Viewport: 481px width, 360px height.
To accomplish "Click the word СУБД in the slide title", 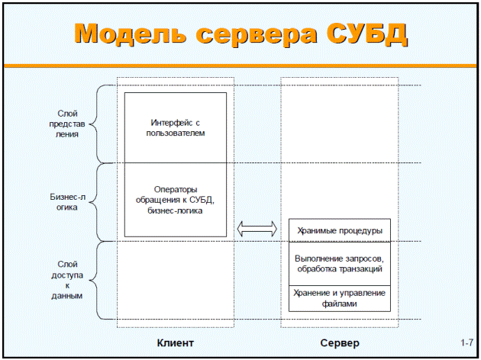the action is (367, 34).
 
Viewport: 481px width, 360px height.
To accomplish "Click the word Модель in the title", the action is (130, 34).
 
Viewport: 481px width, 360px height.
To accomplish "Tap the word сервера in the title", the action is (257, 36).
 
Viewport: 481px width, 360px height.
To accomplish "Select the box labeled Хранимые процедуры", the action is (340, 230).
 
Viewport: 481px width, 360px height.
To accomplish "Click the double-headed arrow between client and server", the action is (257, 229).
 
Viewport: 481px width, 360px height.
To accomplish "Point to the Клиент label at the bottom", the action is (175, 343).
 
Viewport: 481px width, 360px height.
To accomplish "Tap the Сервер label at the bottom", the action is (340, 343).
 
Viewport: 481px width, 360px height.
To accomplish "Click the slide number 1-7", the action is (466, 342).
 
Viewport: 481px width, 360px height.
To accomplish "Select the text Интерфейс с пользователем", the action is (176, 128).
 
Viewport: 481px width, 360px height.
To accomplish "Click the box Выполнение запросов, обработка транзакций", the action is (340, 264).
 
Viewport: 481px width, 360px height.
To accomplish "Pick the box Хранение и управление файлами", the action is (340, 298).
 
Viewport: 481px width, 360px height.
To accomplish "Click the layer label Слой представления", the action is (67, 124).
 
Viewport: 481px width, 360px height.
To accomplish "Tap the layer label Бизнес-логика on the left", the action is (67, 202).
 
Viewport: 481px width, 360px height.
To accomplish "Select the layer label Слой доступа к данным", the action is (67, 280).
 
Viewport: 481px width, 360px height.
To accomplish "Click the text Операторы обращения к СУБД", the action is (175, 194).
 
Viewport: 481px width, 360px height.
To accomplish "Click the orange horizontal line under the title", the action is (240, 66).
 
